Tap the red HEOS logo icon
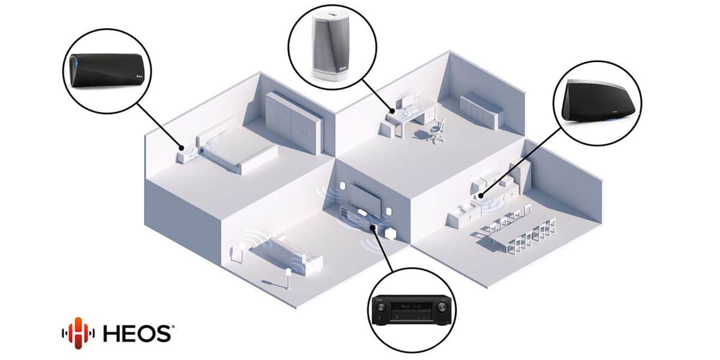pyautogui.click(x=78, y=333)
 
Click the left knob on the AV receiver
pyautogui.click(x=380, y=307)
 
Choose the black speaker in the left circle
pyautogui.click(x=107, y=70)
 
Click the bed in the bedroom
pyautogui.click(x=236, y=149)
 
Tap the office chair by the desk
pyautogui.click(x=435, y=131)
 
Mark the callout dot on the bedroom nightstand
pyautogui.click(x=182, y=148)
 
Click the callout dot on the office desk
pyautogui.click(x=392, y=111)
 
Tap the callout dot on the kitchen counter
pyautogui.click(x=481, y=196)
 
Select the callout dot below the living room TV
pyautogui.click(x=372, y=227)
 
